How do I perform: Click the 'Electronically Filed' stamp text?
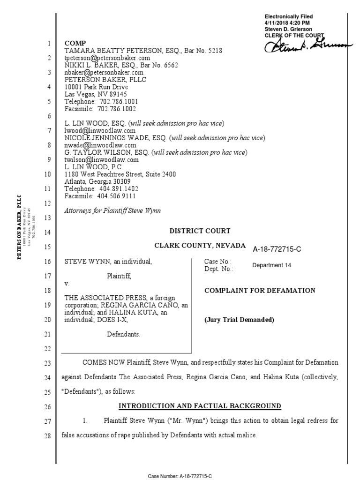[x=288, y=17]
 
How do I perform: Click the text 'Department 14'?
[x=271, y=265]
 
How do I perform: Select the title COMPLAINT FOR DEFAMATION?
[x=260, y=291]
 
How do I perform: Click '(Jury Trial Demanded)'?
[x=239, y=321]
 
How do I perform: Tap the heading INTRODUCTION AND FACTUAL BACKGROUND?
[x=199, y=406]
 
